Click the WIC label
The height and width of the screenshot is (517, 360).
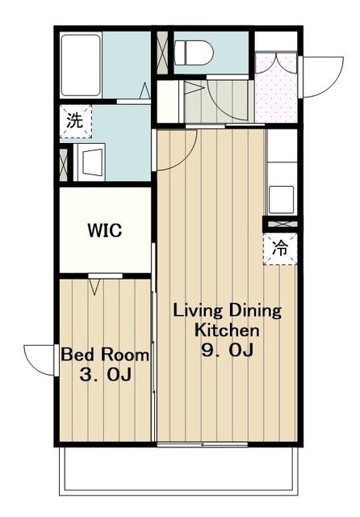tap(105, 230)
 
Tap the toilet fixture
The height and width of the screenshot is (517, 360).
tap(194, 52)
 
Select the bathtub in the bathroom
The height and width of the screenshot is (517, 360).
tap(81, 65)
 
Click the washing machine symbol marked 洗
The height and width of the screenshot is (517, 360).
tap(75, 121)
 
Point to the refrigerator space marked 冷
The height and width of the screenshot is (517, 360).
tap(280, 249)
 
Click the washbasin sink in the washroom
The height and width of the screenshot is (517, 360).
tap(90, 162)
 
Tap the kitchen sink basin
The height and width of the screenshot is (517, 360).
tap(281, 200)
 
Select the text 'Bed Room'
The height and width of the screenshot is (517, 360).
tap(105, 355)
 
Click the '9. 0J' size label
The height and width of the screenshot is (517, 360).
tap(228, 350)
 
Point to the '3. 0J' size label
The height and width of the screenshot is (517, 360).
tap(106, 375)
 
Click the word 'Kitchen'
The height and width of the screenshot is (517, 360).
tap(227, 330)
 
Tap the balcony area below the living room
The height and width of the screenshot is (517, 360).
tap(178, 470)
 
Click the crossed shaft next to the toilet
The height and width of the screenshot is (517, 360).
tap(162, 53)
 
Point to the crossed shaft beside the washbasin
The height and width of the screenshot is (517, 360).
tap(63, 165)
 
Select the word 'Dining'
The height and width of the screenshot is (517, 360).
tap(256, 311)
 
